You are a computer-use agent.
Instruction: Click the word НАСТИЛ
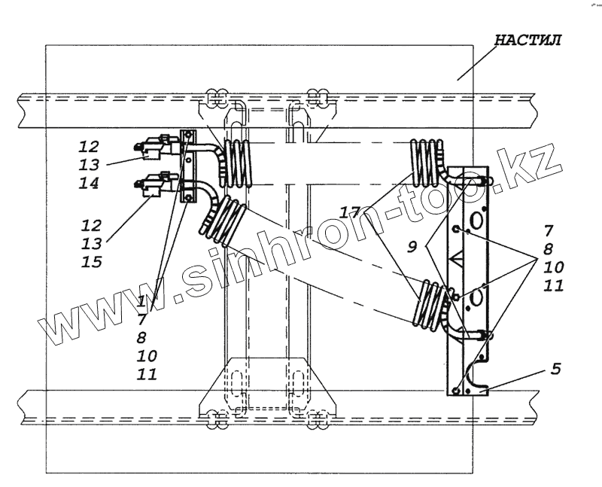tap(527, 41)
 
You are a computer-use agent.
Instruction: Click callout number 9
tap(413, 247)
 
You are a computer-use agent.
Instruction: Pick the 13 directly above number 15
tap(92, 242)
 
